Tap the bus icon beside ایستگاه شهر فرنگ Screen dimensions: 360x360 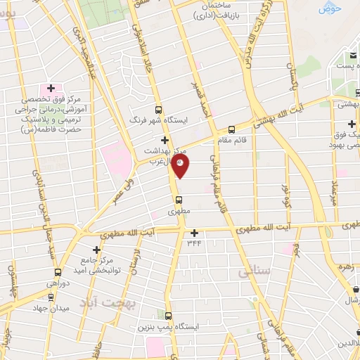pos(157,110)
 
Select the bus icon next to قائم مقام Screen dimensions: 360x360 pos(232,129)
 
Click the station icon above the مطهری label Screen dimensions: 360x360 pos(178,199)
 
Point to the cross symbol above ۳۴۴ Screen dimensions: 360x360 pos(194,233)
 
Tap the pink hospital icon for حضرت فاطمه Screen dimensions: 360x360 pos(50,89)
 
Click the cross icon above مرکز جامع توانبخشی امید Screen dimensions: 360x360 pos(97,249)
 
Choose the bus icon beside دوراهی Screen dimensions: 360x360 pos(57,272)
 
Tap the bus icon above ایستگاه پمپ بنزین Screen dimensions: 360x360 pos(168,316)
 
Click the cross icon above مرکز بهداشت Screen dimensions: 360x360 pos(166,139)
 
